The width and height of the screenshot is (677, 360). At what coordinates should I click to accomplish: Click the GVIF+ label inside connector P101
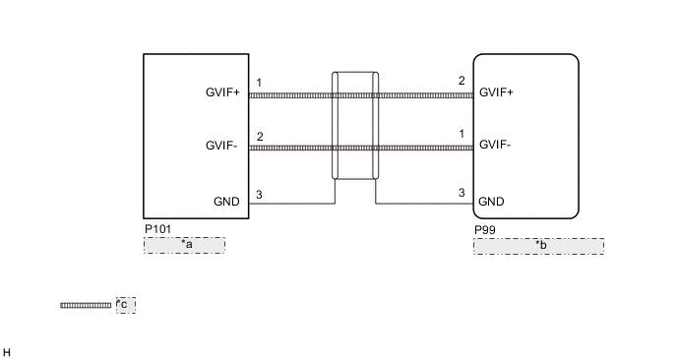222,92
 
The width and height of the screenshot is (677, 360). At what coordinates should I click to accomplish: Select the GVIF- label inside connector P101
221,146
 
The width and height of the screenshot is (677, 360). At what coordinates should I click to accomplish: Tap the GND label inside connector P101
226,202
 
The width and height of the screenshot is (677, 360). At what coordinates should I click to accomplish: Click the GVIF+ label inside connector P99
496,92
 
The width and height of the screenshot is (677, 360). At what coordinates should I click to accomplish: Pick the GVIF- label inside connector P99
495,145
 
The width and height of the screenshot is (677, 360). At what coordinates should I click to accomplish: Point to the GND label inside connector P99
491,202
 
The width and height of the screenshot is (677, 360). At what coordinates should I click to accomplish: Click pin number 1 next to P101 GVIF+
259,83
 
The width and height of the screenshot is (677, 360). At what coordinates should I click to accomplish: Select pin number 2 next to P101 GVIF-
260,137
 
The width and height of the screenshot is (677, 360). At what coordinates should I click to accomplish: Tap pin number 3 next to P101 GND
259,195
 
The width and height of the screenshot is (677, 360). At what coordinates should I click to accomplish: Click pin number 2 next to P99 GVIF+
462,81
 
